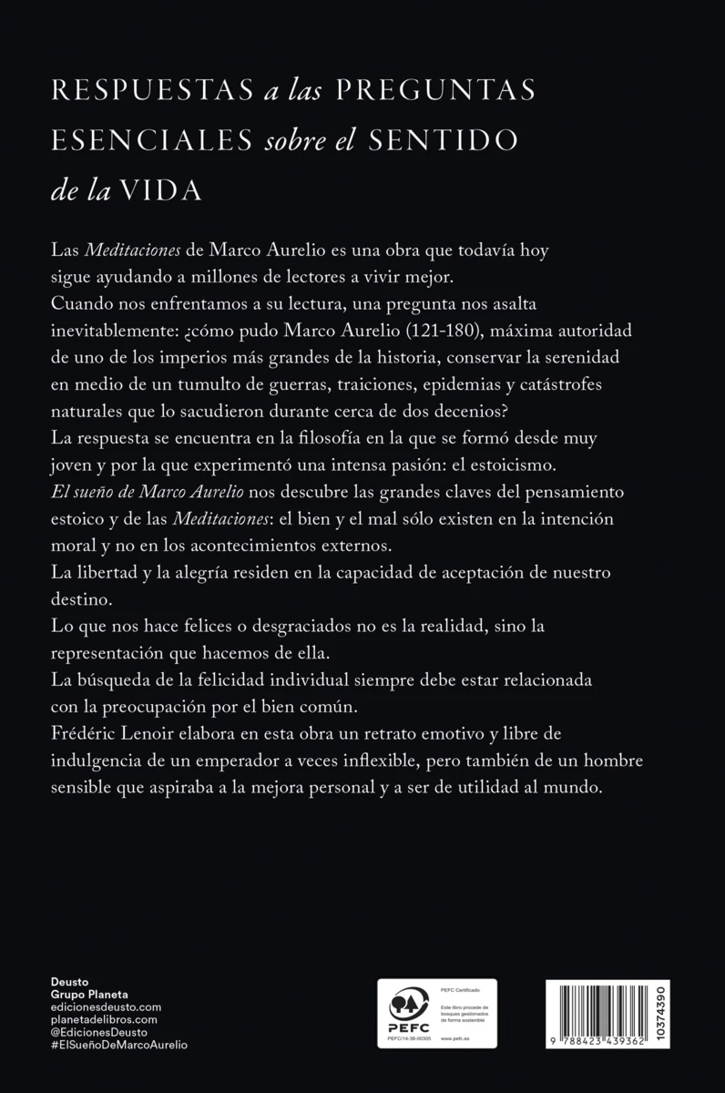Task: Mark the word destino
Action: click(x=78, y=601)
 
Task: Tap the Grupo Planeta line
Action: click(x=90, y=995)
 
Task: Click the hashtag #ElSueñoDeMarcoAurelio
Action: click(x=120, y=1046)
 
